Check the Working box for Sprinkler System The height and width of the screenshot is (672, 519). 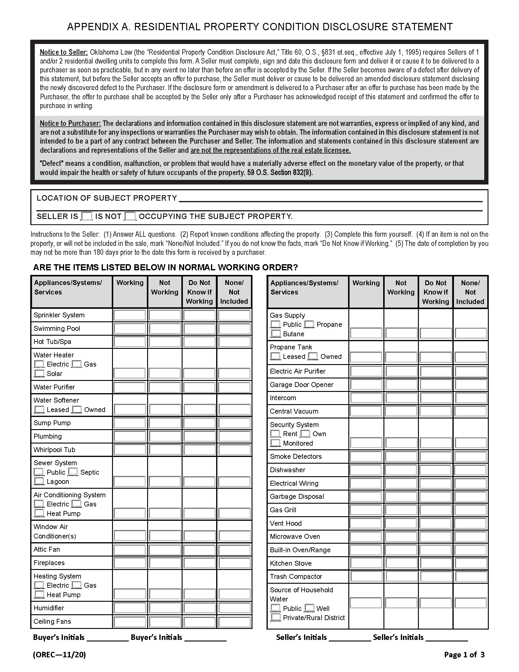coord(129,316)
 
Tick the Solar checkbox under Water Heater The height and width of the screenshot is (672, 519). coord(39,374)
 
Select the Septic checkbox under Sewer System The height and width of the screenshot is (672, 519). coord(73,472)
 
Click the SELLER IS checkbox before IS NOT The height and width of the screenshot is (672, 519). coord(86,216)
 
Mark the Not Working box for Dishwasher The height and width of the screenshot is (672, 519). coord(401,470)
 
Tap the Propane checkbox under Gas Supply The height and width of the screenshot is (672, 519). coord(309,324)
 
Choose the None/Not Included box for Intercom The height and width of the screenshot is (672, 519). coord(470,398)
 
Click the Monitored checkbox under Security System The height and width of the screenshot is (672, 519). coord(275,443)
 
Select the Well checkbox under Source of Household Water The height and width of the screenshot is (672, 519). coord(309,608)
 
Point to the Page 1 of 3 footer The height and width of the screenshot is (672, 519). coord(464,654)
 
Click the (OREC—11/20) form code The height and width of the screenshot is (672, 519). coord(59,654)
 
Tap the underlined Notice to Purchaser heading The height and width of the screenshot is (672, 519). coord(70,123)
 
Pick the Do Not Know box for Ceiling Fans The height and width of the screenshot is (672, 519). coord(199,622)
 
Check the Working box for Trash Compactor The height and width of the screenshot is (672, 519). coord(366,577)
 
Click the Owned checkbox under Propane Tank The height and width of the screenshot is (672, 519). coord(313,356)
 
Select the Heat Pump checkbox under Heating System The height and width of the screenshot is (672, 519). coord(39,595)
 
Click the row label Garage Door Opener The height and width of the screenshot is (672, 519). coord(301,385)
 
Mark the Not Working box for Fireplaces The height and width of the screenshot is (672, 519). coord(165,563)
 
